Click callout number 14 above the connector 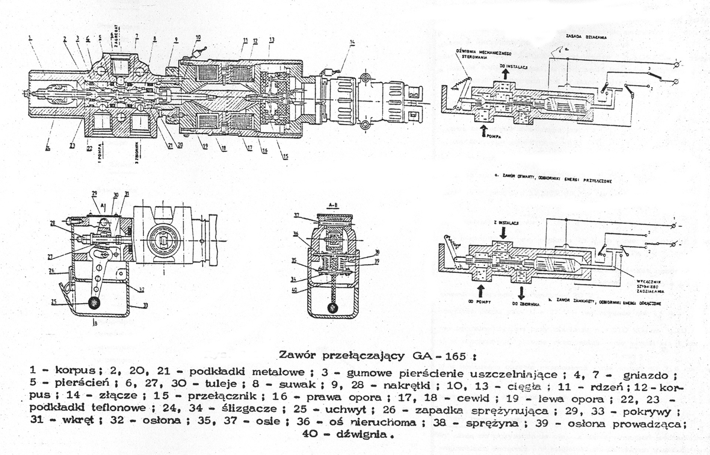[x=352, y=41]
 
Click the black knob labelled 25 [x=93, y=303]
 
